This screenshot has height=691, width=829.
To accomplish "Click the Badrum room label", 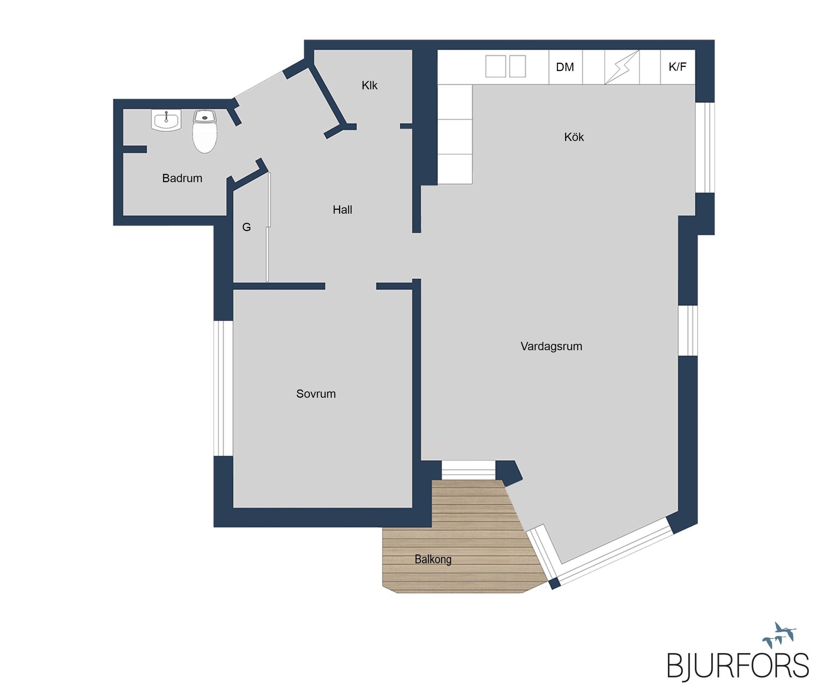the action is pos(182,178).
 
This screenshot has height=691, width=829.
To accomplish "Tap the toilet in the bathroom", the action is pos(205,131).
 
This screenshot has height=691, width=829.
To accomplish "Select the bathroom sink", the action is pos(166,120).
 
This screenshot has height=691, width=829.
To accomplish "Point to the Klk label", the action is pos(369,85).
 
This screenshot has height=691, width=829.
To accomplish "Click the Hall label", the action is pos(342,210).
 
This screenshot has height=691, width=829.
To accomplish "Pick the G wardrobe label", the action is pos(246,227).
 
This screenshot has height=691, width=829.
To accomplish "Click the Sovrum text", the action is pos(316,394).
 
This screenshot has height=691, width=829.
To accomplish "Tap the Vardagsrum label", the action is pos(551,346).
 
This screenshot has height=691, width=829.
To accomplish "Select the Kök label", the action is pos(574,137).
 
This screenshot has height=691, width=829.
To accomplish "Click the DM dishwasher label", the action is pos(565,67).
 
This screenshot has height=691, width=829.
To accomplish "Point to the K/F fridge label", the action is pos(677,67).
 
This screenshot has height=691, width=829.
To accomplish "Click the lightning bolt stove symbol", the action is pos(622,67).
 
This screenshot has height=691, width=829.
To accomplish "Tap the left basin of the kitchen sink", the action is pos(495,66).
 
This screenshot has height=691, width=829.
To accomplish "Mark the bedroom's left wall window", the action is pos(223,388).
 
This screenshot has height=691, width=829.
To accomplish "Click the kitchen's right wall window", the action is pos(705,148).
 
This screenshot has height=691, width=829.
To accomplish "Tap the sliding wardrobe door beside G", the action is pos(268,227).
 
